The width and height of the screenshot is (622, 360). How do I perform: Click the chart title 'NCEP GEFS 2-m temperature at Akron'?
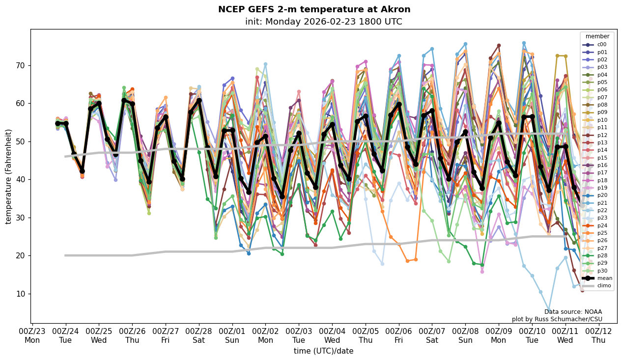point(314,10)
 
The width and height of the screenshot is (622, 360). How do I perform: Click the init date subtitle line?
point(323,22)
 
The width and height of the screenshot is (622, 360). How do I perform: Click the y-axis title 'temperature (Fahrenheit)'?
point(9,176)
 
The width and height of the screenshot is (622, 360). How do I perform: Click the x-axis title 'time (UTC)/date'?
point(323,351)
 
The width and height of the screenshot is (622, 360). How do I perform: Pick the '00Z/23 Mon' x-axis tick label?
point(32,336)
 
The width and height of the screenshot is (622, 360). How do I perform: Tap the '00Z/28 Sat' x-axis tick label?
point(198,336)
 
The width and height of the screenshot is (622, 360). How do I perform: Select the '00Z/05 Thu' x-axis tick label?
point(365,336)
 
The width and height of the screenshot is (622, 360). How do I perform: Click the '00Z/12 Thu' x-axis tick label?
point(598,336)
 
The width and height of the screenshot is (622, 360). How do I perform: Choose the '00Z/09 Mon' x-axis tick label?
point(499,336)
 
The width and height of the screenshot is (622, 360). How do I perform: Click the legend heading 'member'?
point(597,36)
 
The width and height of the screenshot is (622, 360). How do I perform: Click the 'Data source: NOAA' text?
point(573,312)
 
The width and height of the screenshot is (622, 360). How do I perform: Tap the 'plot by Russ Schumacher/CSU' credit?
point(557,319)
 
